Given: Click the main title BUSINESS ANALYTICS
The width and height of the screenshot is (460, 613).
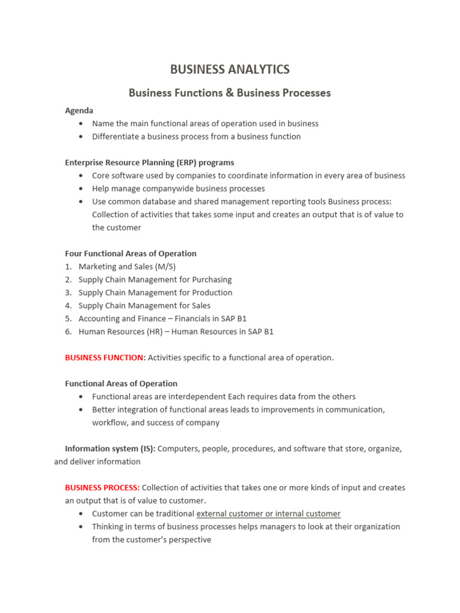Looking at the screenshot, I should (x=229, y=69).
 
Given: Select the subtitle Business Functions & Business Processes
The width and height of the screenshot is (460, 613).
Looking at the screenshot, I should (x=229, y=93).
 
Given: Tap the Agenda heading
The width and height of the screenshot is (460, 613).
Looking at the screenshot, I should (x=79, y=111).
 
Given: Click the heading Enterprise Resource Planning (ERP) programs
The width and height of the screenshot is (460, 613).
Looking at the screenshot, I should (x=149, y=162).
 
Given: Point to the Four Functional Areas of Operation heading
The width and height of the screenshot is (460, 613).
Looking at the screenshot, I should (x=131, y=253).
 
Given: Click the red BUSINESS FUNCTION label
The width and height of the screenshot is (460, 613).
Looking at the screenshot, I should (x=104, y=357).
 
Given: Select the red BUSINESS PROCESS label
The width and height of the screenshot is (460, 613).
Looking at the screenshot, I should (x=102, y=487).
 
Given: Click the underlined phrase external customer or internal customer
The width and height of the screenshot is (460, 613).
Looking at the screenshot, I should (x=268, y=514).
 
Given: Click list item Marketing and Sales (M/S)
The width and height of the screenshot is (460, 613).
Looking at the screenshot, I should (x=127, y=266).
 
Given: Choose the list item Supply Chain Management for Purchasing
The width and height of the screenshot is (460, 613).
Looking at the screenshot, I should (x=155, y=280).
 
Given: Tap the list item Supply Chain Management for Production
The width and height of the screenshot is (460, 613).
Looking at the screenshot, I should (x=155, y=293).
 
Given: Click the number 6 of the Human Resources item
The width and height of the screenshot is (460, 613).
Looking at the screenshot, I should (x=68, y=332).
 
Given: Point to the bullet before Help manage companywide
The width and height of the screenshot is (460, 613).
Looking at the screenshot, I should (x=81, y=189).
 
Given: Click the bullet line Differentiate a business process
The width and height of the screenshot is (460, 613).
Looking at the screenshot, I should (x=196, y=136).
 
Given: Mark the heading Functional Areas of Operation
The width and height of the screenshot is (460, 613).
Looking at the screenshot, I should (x=121, y=383).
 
